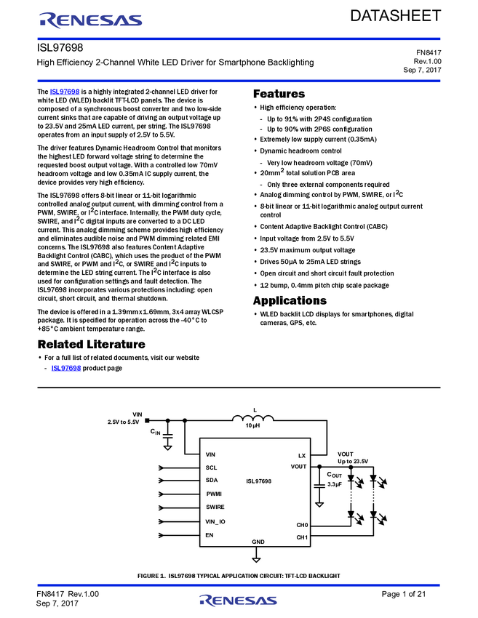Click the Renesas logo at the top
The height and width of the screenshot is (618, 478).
[90, 20]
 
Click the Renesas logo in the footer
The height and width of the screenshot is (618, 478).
[238, 601]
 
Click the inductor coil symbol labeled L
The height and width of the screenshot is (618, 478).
[253, 418]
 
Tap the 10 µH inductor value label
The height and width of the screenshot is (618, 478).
[253, 427]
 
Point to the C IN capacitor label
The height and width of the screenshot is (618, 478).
[155, 433]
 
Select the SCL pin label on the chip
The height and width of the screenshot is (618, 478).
[212, 467]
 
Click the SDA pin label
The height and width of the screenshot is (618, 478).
[212, 481]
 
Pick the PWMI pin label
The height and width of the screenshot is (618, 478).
[214, 494]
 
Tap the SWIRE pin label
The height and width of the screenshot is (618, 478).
[215, 507]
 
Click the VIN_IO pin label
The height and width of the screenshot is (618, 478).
[215, 521]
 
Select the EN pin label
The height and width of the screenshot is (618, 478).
[210, 535]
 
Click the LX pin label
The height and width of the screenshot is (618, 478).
[302, 455]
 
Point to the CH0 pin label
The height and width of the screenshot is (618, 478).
[302, 524]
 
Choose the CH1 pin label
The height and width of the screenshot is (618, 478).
[302, 537]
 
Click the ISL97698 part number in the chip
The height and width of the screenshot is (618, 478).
[258, 481]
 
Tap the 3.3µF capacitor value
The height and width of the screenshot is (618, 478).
[335, 483]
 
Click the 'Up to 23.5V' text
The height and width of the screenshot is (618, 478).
[353, 461]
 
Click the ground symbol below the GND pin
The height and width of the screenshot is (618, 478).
[256, 558]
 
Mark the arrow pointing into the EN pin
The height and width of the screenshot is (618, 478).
[163, 536]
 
